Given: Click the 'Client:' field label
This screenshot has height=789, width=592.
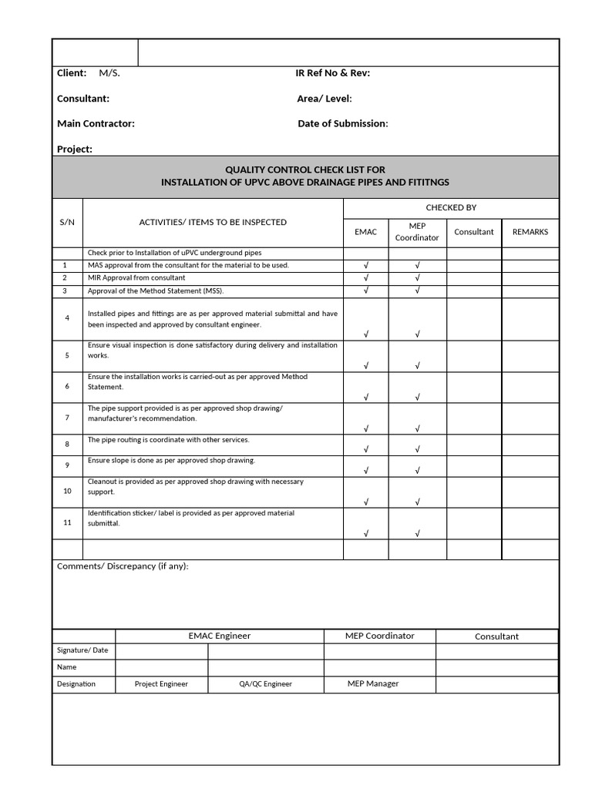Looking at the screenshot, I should coord(72,73).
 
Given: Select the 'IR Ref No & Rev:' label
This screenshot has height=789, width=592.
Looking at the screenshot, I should coord(332,73).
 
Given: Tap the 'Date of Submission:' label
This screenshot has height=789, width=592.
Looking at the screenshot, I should coord(343,123).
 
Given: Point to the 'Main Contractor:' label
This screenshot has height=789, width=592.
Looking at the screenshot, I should coord(96,123).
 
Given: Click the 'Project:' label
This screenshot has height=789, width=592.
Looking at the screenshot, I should coord(75,149).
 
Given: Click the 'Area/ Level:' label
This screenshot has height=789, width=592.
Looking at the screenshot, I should coord(325,99).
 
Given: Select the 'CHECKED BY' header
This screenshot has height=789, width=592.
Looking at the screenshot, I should coord(451,207).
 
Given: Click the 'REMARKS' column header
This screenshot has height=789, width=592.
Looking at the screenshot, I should coord(530,231).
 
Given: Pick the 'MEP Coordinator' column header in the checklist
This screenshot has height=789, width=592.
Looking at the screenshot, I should coord(417,231).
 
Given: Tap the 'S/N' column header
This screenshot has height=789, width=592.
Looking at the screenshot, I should coord(67,222).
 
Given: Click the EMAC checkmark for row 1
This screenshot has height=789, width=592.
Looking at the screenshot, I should coord(366,266).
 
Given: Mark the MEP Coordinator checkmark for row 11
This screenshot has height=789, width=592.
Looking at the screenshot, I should coord(417,533).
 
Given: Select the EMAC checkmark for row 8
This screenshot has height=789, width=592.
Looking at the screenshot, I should coord(366,449).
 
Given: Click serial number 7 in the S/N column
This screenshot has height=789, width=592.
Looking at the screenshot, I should coord(67,418).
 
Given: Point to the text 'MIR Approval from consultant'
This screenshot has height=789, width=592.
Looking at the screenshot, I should coord(136,277).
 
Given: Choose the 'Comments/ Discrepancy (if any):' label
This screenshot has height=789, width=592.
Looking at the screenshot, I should coord(123,566).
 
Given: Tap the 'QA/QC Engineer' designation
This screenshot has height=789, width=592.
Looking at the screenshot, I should coord(266,683).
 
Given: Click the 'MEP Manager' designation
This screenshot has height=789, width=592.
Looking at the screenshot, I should coord(373,683).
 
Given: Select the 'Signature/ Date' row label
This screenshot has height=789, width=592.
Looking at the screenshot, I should coord(82,650).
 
